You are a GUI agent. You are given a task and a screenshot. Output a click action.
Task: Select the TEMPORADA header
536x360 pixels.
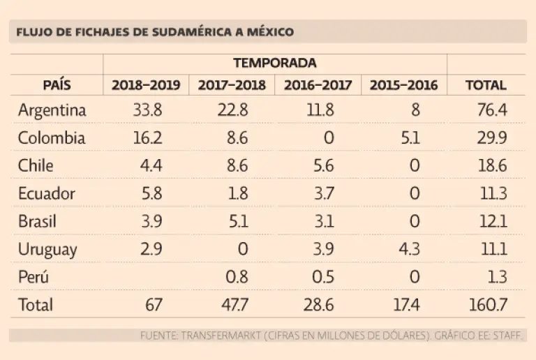click(274, 63)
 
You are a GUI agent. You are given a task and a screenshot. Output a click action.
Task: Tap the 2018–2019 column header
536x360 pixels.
click(146, 86)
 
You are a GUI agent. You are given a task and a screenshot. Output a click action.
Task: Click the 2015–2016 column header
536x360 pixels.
click(403, 86)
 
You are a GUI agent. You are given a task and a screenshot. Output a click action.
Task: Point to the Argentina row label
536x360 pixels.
click(52, 110)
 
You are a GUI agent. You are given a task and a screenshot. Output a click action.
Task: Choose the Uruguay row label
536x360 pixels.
click(47, 250)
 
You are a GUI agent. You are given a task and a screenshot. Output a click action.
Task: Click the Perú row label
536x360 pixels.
click(34, 277)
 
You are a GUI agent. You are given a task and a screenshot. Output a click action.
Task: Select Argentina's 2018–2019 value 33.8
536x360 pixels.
click(147, 110)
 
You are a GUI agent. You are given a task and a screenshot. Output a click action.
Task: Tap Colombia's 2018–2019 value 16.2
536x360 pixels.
click(147, 138)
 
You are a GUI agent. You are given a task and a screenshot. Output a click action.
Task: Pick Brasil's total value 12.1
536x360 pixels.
click(493, 222)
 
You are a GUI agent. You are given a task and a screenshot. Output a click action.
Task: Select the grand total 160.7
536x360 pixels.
click(488, 305)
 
